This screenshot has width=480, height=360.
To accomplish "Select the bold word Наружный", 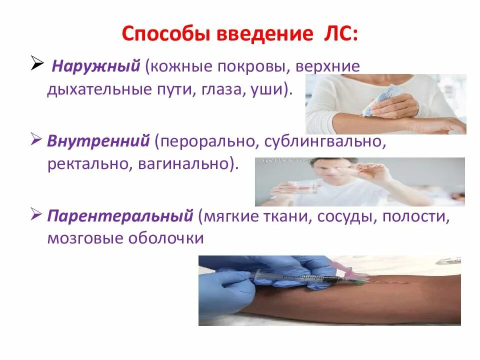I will pyautogui.click(x=96, y=66).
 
